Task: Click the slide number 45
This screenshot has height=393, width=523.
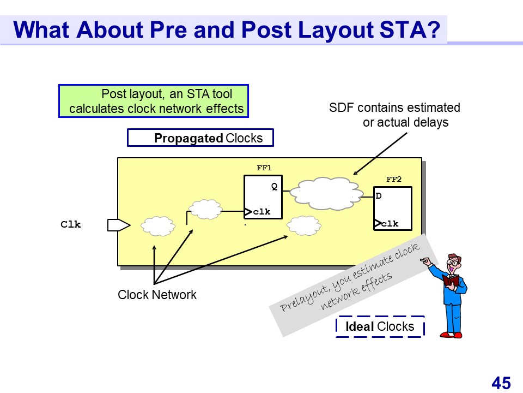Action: click(x=501, y=383)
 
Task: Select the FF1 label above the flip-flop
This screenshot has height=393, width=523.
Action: click(x=264, y=168)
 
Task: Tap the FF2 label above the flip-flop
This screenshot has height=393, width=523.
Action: click(x=393, y=179)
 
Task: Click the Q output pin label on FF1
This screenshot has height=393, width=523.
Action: click(x=275, y=187)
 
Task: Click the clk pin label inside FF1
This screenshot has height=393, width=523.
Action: click(x=261, y=212)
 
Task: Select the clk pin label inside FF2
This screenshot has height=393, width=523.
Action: click(x=390, y=224)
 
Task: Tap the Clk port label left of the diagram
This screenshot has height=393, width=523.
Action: click(x=71, y=224)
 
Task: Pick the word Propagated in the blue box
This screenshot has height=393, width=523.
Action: click(x=188, y=138)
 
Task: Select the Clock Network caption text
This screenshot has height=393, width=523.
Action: click(x=157, y=295)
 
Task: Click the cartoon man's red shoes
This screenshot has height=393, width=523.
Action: click(x=452, y=334)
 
